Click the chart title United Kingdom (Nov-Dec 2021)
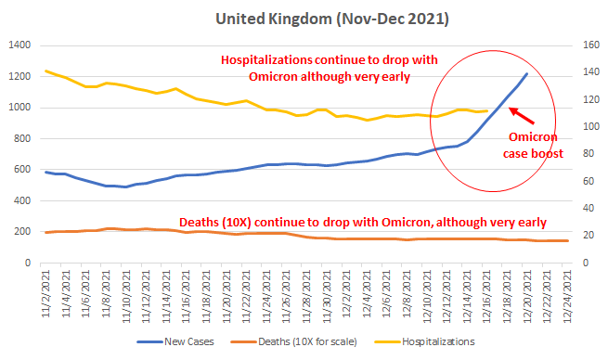coord(332,19)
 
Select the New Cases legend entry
coord(175,341)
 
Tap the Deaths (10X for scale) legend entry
coord(293,341)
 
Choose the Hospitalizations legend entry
coord(424,341)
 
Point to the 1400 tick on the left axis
coord(19,45)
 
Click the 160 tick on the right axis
coord(591,45)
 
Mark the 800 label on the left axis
coord(21,138)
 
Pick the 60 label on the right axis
coord(589,181)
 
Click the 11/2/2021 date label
coord(46,294)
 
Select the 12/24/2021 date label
coord(567,297)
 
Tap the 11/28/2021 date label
coord(306,297)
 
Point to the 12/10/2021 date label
coord(427,297)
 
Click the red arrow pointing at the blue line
coord(522,115)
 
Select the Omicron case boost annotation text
coord(533,146)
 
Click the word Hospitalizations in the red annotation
coord(266,60)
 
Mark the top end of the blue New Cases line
coord(526,73)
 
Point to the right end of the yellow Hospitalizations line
coord(487,110)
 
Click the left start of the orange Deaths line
coord(46,233)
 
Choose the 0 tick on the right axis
coord(586,263)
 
